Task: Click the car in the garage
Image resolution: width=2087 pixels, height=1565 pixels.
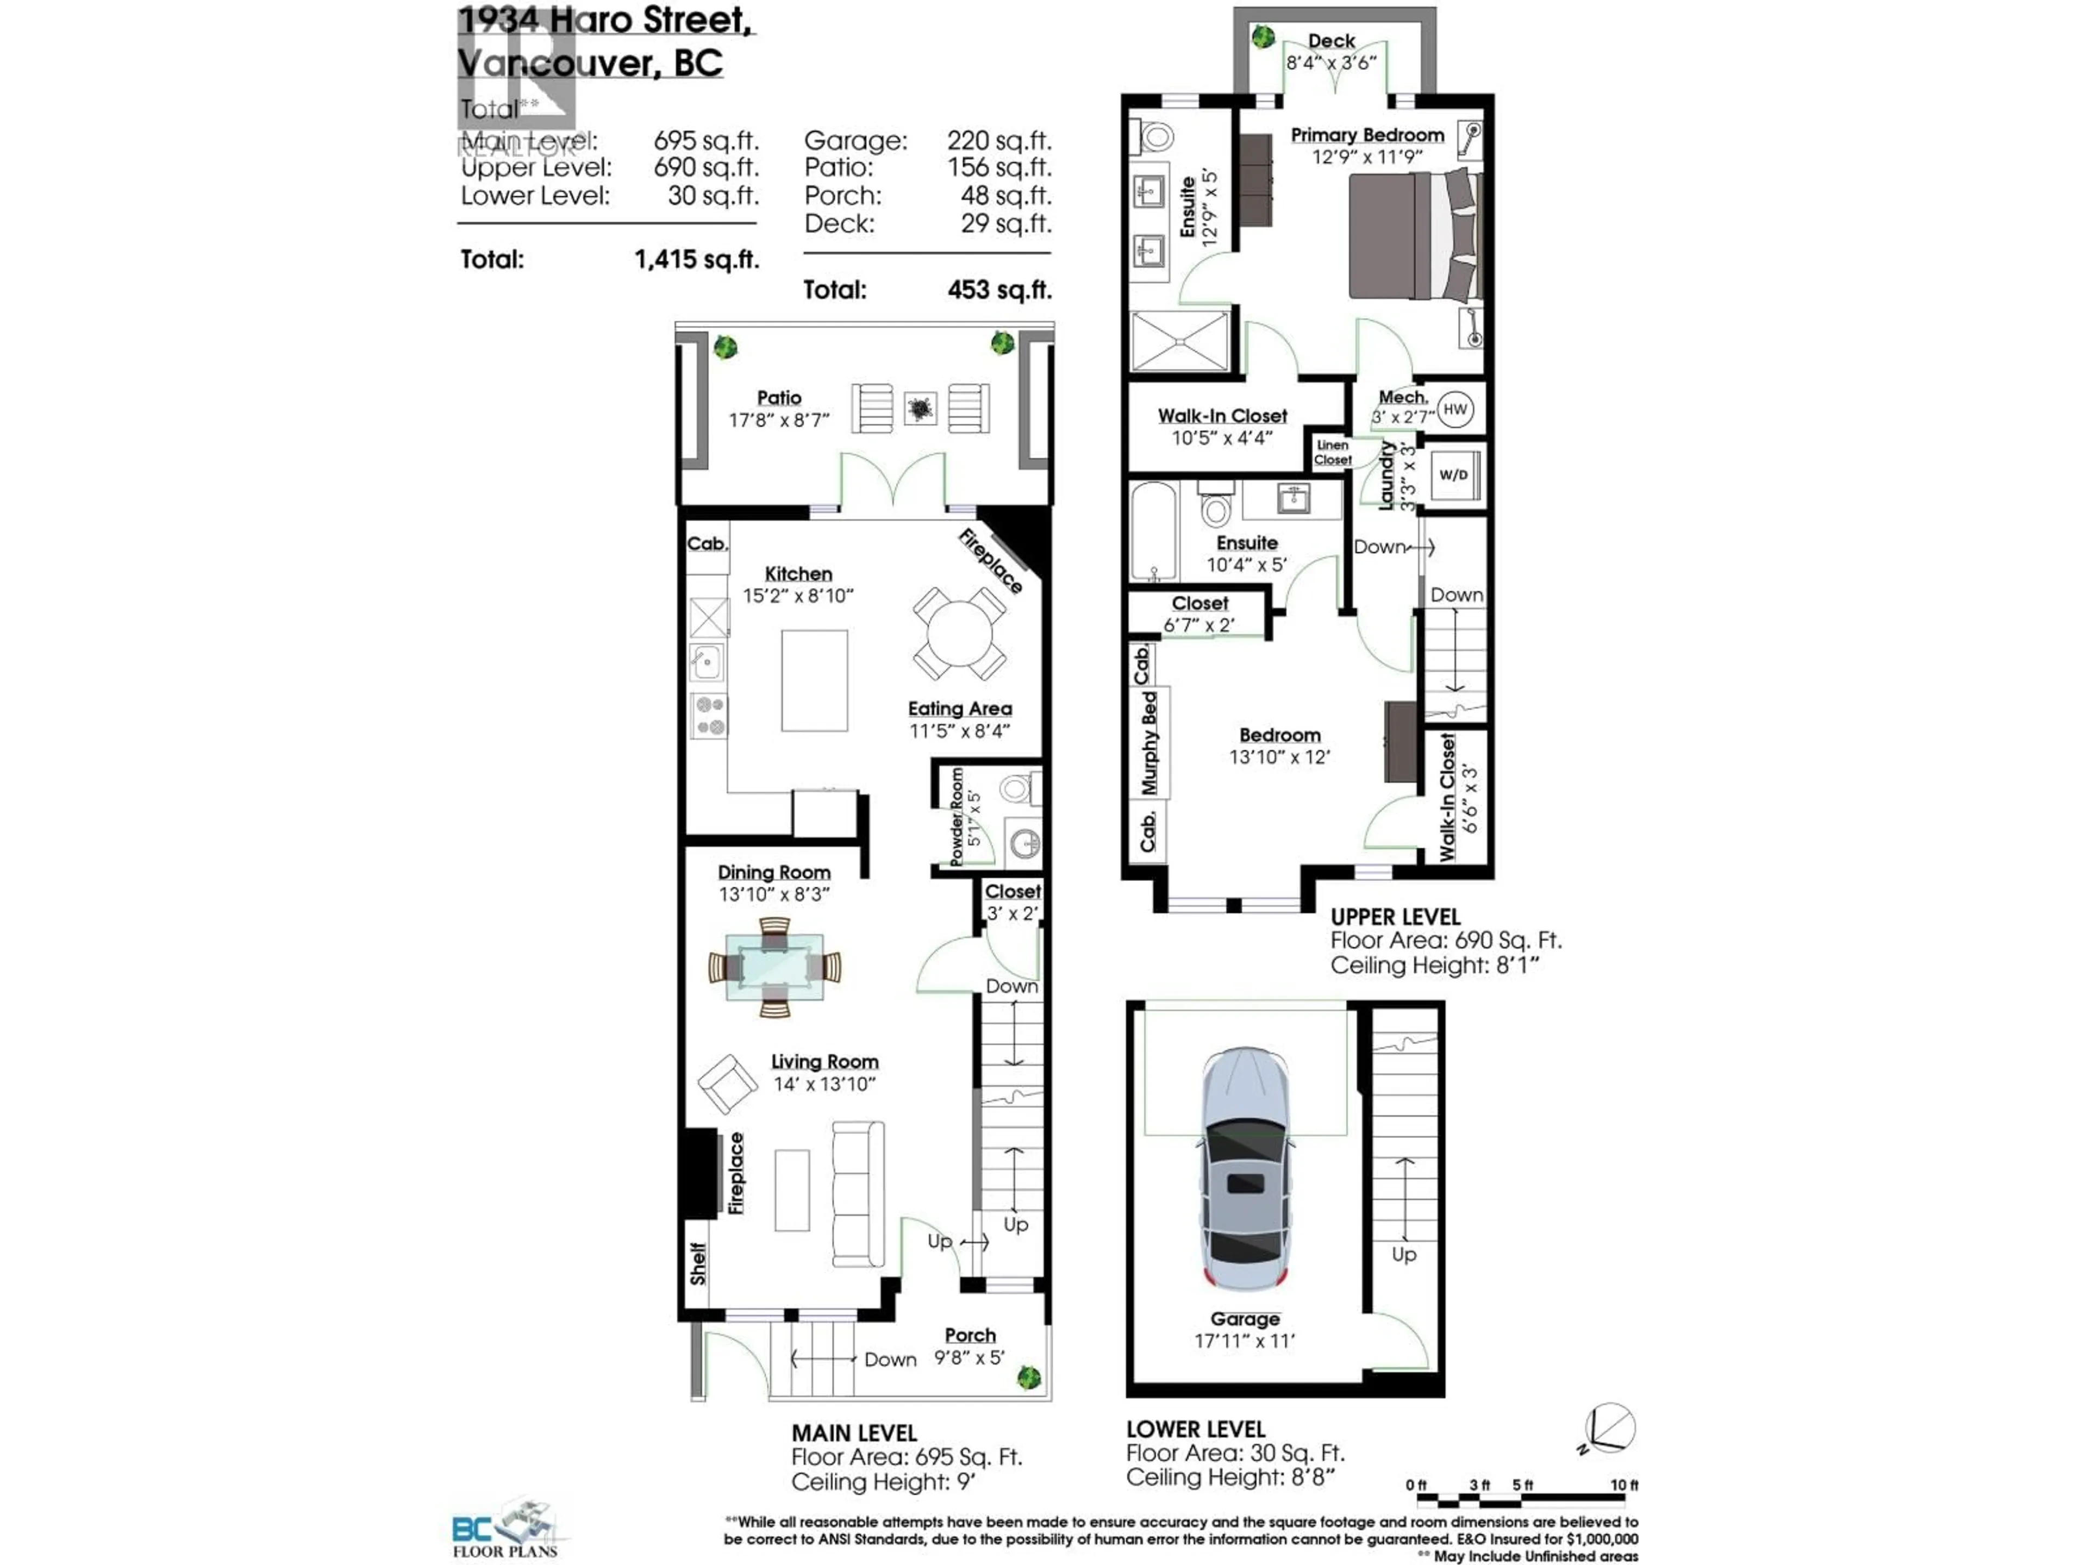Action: pos(1246,1170)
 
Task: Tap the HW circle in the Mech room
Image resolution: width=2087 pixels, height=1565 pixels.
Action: pos(1455,409)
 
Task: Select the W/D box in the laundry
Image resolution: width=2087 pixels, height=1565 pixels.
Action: pos(1453,474)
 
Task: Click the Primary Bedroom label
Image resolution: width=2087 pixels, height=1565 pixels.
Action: pos(1367,135)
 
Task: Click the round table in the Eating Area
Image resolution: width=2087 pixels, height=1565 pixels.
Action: pos(959,633)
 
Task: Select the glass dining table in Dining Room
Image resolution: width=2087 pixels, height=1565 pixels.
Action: pos(774,967)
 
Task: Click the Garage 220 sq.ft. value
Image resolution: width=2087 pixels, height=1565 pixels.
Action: pos(998,141)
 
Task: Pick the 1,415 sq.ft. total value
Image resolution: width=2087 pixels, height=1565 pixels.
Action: pos(696,259)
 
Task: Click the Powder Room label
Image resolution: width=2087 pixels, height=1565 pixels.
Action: pos(957,817)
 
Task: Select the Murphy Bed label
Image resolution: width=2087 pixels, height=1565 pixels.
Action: pos(1148,742)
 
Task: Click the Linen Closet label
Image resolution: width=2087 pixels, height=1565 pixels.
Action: pos(1332,452)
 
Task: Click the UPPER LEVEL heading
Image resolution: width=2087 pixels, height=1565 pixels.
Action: pos(1395,917)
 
